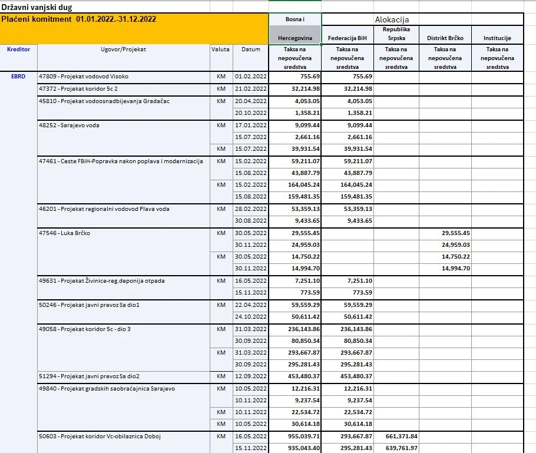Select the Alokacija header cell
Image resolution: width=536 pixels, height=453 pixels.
click(x=392, y=19)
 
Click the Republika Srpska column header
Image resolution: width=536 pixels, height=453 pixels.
click(x=396, y=34)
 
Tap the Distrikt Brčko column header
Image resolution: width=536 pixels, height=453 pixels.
click(x=445, y=38)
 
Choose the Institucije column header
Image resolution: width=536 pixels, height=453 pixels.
click(x=497, y=38)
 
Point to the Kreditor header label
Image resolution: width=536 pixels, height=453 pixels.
click(x=18, y=49)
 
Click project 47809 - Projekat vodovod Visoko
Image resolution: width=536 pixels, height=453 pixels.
click(x=83, y=77)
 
